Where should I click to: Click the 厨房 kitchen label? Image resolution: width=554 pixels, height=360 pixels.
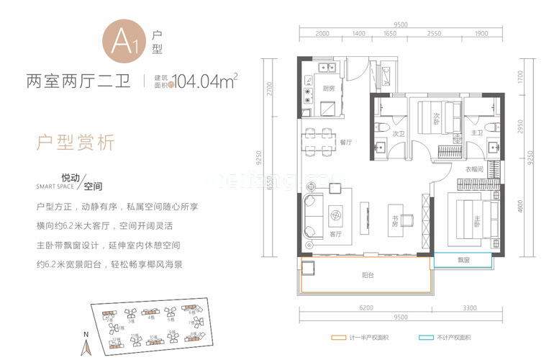[329, 88]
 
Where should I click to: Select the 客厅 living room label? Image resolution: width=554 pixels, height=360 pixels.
[335, 234]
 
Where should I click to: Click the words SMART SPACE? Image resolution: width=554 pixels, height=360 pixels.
[55, 186]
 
